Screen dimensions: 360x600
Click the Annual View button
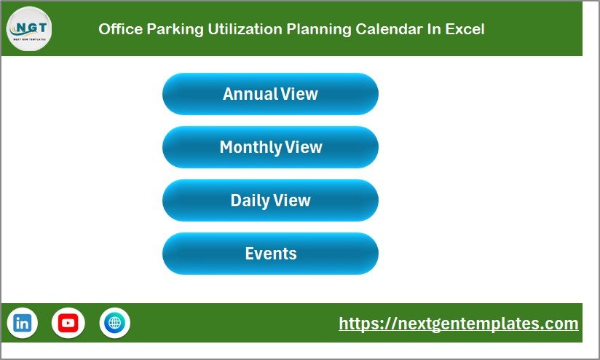[x=270, y=94]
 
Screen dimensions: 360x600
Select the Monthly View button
[x=270, y=147]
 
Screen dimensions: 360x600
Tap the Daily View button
[x=270, y=200]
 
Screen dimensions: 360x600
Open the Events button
[x=270, y=254]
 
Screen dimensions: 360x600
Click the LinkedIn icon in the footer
[x=23, y=323]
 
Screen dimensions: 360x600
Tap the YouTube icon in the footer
[x=68, y=323]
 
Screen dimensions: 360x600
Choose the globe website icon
[x=114, y=323]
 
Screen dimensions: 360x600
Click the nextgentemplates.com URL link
[x=458, y=324]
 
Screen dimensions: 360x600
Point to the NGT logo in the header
[x=29, y=28]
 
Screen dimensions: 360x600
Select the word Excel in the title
[x=465, y=29]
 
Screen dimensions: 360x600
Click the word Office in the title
[x=117, y=29]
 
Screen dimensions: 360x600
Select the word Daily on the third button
[x=249, y=200]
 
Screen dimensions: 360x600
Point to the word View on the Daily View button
[x=292, y=200]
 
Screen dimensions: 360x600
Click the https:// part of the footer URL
[x=364, y=324]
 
